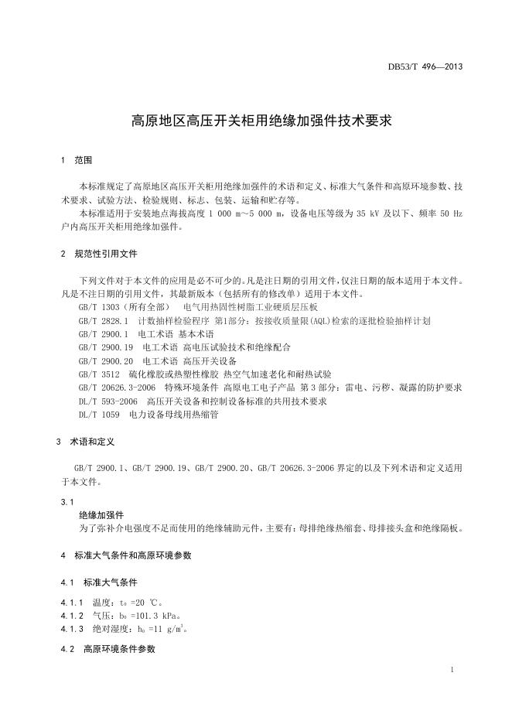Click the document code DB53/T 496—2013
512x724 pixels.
pyautogui.click(x=425, y=67)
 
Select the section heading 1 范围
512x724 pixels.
pyautogui.click(x=77, y=161)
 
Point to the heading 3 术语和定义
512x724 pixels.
pyautogui.click(x=86, y=442)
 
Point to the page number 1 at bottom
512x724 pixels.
pyautogui.click(x=452, y=669)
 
